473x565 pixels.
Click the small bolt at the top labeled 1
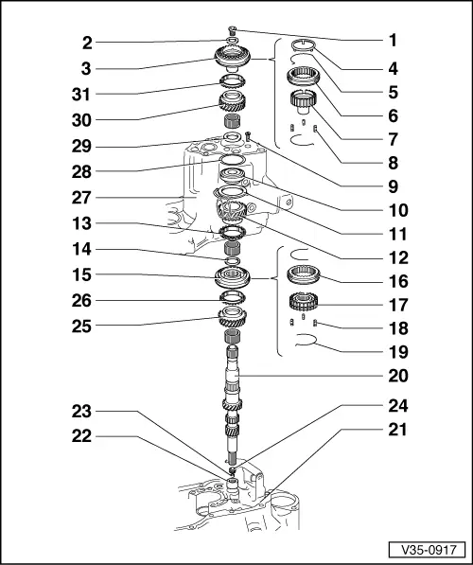pyautogui.click(x=233, y=30)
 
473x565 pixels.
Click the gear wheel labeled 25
pyautogui.click(x=233, y=317)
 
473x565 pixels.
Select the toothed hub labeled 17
pyautogui.click(x=307, y=304)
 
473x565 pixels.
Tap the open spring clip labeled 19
pyautogui.click(x=307, y=347)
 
